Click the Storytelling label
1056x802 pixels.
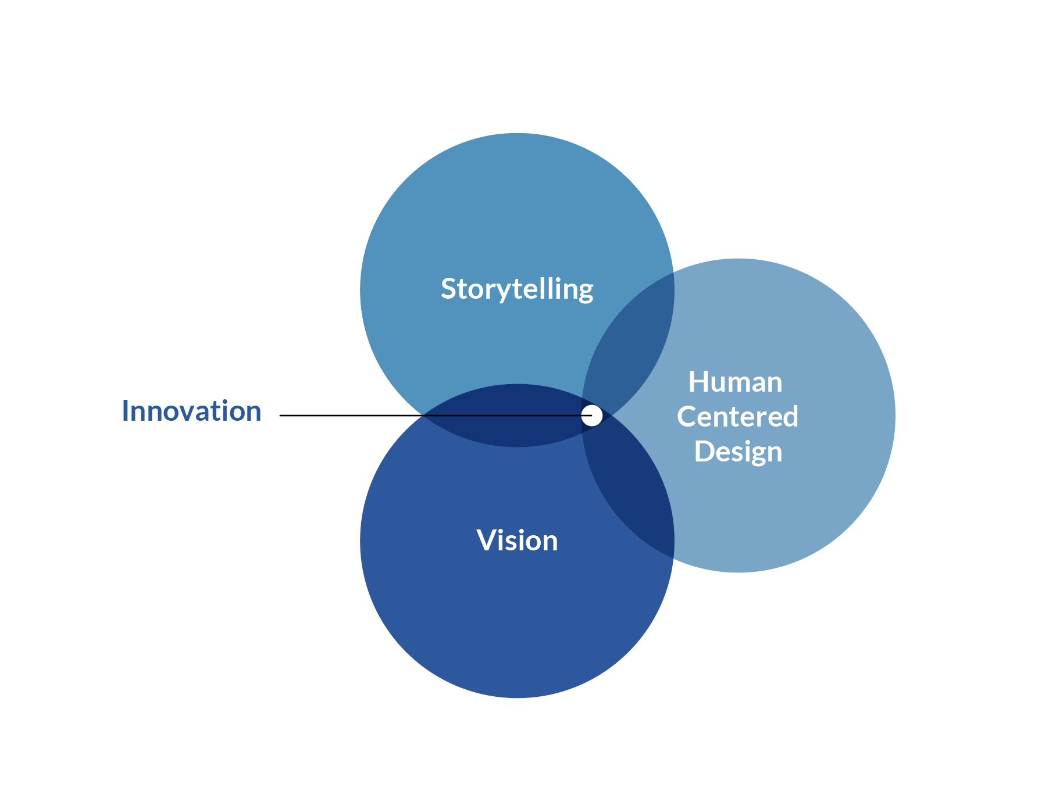point(517,289)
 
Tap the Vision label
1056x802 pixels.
point(517,540)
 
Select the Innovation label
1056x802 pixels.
point(191,411)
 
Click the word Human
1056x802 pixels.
point(735,382)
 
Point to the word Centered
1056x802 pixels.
point(737,417)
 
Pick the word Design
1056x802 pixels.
point(737,452)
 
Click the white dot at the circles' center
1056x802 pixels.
point(592,416)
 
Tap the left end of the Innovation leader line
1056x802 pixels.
point(281,416)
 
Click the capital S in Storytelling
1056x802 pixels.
point(448,289)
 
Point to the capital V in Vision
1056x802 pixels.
point(487,540)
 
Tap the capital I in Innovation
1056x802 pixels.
point(125,411)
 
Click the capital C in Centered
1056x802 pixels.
point(687,417)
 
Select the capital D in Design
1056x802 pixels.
point(704,452)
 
